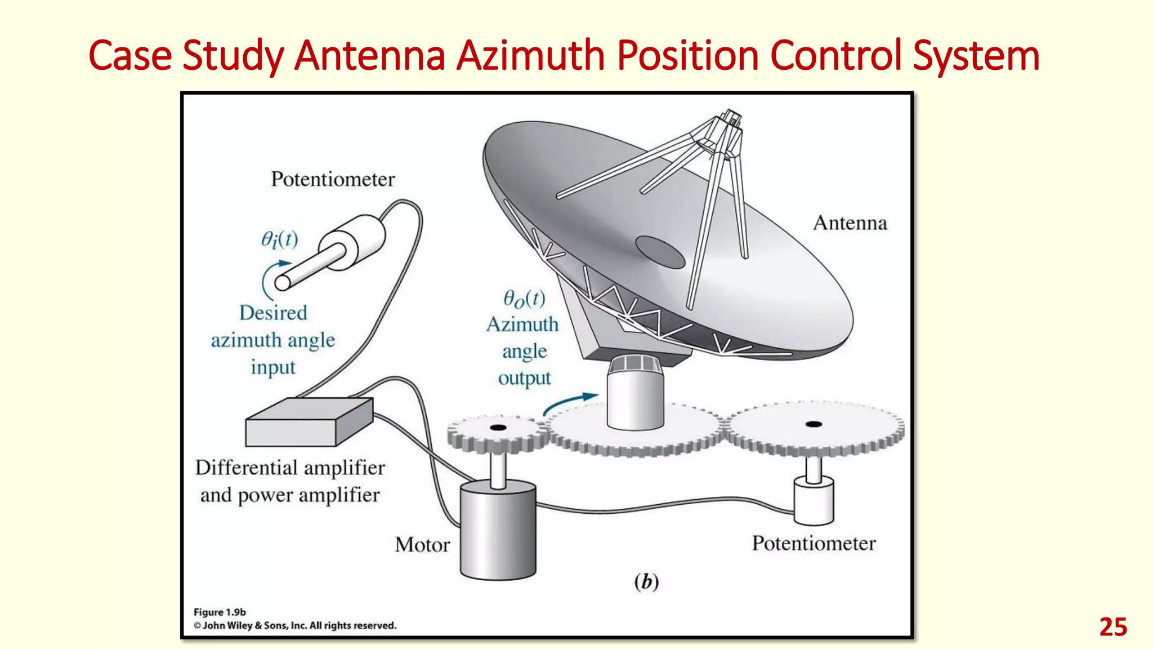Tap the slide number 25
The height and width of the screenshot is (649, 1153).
pyautogui.click(x=1112, y=627)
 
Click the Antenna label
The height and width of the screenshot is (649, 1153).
pyautogui.click(x=850, y=223)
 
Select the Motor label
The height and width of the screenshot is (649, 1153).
pyautogui.click(x=422, y=545)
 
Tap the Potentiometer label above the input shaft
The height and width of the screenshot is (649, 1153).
pyautogui.click(x=333, y=180)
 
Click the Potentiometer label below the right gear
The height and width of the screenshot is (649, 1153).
pyautogui.click(x=814, y=544)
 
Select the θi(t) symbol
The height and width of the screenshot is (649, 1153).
pyautogui.click(x=279, y=240)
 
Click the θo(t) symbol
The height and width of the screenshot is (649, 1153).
pyautogui.click(x=524, y=299)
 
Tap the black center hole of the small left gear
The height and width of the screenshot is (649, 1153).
pyautogui.click(x=498, y=428)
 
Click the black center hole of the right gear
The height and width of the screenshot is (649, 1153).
pyautogui.click(x=814, y=424)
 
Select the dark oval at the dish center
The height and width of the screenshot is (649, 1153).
pyautogui.click(x=660, y=252)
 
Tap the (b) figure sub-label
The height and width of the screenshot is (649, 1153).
pyautogui.click(x=646, y=581)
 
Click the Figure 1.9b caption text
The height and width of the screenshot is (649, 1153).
pyautogui.click(x=220, y=612)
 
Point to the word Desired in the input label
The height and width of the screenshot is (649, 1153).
pyautogui.click(x=273, y=313)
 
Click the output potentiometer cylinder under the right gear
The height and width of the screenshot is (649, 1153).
pyautogui.click(x=814, y=501)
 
